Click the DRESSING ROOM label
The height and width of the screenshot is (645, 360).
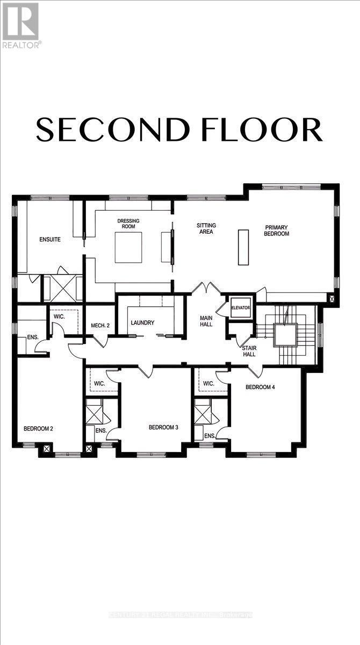(x=128, y=224)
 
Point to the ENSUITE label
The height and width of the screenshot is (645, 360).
(x=49, y=239)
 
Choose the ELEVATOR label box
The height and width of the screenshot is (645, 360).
(x=241, y=307)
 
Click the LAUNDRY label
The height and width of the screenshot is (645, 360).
(x=143, y=323)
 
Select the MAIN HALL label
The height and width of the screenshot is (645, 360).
(x=206, y=320)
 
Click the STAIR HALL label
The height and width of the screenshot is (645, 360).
(x=248, y=351)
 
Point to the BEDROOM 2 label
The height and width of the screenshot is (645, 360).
(x=38, y=428)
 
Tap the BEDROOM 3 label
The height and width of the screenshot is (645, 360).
(x=163, y=427)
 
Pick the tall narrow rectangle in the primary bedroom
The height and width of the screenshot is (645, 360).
(x=244, y=247)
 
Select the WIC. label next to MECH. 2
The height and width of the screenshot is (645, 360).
(x=59, y=317)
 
